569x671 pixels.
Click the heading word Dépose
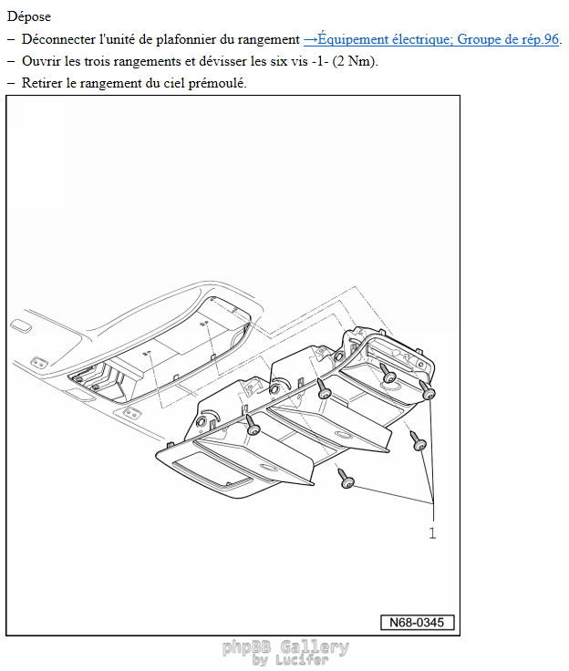tap(28, 16)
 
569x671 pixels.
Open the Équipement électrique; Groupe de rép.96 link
tap(431, 39)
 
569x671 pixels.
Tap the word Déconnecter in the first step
tap(58, 39)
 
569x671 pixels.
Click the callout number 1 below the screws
tap(432, 533)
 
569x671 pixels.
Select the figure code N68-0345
tap(417, 622)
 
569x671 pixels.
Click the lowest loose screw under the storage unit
tap(346, 479)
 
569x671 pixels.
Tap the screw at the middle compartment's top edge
tap(324, 388)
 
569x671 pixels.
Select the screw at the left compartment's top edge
tap(253, 425)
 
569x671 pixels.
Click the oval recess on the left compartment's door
tap(268, 468)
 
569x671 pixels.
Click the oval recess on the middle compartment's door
tap(343, 435)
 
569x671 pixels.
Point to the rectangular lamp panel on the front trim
tap(212, 473)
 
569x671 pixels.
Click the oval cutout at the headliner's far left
tap(21, 326)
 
